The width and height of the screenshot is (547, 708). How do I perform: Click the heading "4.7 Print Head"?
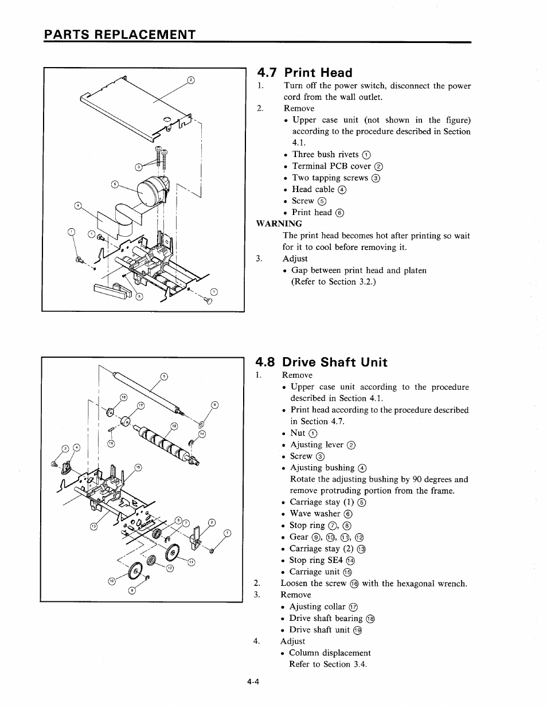(x=304, y=73)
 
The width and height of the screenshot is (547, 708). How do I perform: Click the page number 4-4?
(x=254, y=682)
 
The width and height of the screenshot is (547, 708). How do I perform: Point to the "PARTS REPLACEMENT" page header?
(x=120, y=34)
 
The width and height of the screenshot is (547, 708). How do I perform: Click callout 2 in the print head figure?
(x=192, y=80)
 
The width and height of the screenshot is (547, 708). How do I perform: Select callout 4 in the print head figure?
(x=79, y=206)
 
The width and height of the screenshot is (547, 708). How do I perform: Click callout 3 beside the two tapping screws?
(x=138, y=167)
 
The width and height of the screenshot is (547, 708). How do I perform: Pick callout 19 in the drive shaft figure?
(x=174, y=426)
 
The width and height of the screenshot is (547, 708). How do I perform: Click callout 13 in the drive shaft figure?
(x=93, y=526)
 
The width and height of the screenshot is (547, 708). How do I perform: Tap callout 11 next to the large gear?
(x=192, y=562)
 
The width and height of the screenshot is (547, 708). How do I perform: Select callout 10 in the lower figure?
(x=112, y=582)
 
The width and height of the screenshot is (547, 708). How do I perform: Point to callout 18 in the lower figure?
(x=123, y=397)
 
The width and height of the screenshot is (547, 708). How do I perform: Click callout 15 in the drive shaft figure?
(x=138, y=467)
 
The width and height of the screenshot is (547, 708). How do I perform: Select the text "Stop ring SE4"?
(x=316, y=560)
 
